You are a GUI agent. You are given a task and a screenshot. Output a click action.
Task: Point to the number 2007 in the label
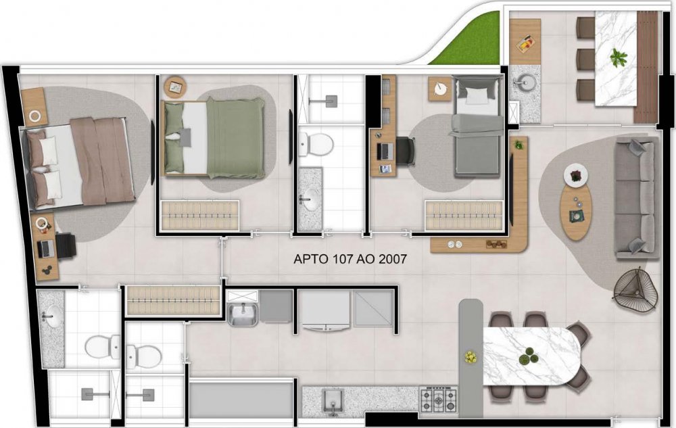[x=392, y=258]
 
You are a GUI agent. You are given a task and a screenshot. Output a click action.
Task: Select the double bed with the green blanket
[x=213, y=137]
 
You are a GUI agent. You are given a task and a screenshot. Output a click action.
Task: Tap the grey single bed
[x=478, y=126]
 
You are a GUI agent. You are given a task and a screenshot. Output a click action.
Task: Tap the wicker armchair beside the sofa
[x=636, y=288]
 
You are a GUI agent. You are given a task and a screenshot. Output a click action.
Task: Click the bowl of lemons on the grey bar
[x=470, y=357]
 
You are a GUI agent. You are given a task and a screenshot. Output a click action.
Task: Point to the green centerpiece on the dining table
[x=529, y=356]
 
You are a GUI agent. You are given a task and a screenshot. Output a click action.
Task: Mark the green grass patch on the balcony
[x=468, y=41]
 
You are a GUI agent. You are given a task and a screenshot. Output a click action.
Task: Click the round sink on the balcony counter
[x=525, y=81]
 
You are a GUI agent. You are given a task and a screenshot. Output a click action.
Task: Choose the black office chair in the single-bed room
[x=406, y=151]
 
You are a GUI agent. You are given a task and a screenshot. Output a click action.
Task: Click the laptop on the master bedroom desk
[x=46, y=248]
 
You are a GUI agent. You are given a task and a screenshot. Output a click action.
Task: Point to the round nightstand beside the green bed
[x=176, y=87]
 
